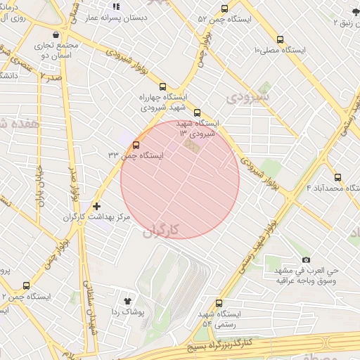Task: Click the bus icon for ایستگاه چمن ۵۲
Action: pos(224,9)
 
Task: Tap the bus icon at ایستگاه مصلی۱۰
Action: pos(281,40)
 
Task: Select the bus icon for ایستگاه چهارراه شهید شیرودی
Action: pos(162,86)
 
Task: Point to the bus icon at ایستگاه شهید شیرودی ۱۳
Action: pos(197,112)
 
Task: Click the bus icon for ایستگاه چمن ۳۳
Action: pos(136,145)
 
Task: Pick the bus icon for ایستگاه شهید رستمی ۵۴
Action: pos(219,302)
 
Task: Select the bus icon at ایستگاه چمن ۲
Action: pos(27,285)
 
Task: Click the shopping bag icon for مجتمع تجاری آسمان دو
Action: pos(56,34)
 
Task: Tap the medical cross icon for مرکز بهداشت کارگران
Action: pos(96,206)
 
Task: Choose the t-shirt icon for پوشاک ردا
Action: pos(127,300)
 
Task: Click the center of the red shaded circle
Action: pos(180,179)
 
